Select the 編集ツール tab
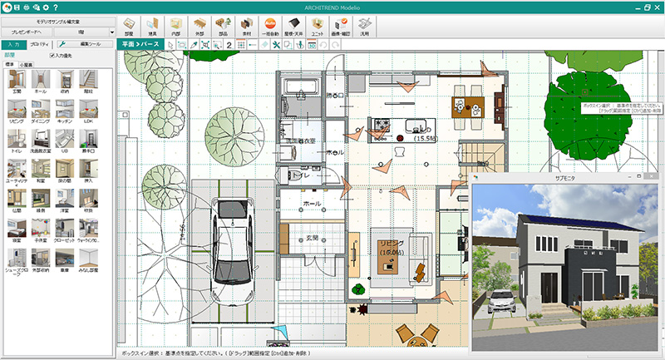[x=86, y=43]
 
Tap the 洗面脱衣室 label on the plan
[x=301, y=141]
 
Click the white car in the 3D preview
[x=503, y=301]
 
